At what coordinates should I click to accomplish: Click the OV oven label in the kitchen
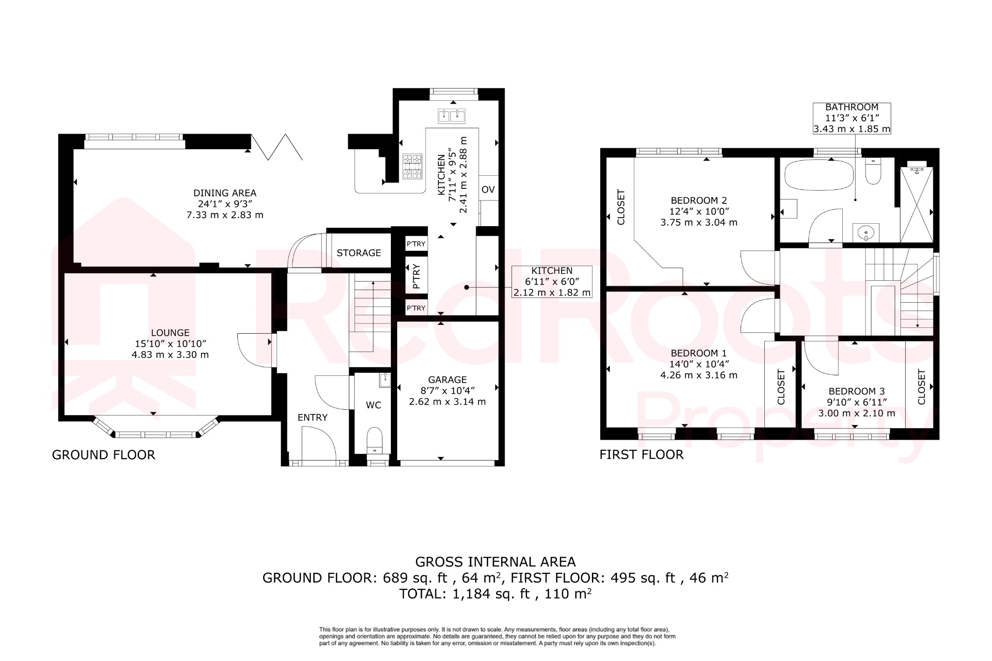pos(488,189)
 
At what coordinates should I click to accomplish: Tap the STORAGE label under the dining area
pos(358,253)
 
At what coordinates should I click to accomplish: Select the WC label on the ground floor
pos(373,405)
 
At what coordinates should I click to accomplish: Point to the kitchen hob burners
pos(412,166)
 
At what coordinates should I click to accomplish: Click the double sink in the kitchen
pos(451,116)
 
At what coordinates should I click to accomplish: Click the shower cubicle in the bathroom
pos(916,204)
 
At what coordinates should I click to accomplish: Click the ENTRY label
pos(312,417)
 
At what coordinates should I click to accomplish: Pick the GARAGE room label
pos(447,380)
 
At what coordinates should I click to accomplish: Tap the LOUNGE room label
pos(170,333)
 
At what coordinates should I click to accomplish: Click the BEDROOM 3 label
pos(856,391)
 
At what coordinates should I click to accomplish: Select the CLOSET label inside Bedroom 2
pos(621,207)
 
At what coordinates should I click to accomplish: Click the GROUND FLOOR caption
pos(104,455)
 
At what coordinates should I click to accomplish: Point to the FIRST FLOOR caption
pos(641,454)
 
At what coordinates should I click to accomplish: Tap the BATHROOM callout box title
pos(852,107)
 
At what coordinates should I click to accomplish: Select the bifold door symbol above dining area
pos(277,147)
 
